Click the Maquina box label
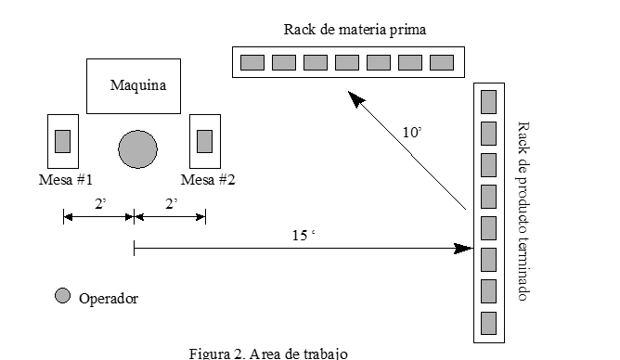pyautogui.click(x=137, y=86)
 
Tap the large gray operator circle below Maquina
pyautogui.click(x=137, y=148)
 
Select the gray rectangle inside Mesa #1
pyautogui.click(x=63, y=141)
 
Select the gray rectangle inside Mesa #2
pyautogui.click(x=204, y=141)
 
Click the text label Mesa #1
pyautogui.click(x=65, y=179)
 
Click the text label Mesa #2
pyautogui.click(x=208, y=179)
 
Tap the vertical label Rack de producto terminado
pyautogui.click(x=523, y=210)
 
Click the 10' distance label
pyautogui.click(x=412, y=132)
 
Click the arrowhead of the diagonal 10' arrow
pyautogui.click(x=354, y=95)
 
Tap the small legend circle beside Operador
pyautogui.click(x=62, y=296)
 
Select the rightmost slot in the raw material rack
pyautogui.click(x=442, y=62)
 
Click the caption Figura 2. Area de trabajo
pyautogui.click(x=268, y=353)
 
